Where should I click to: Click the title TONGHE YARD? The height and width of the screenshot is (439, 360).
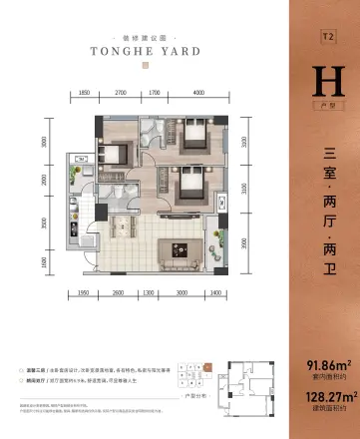145,49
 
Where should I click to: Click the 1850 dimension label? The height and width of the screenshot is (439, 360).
85,92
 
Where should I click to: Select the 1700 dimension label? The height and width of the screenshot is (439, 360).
155,92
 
